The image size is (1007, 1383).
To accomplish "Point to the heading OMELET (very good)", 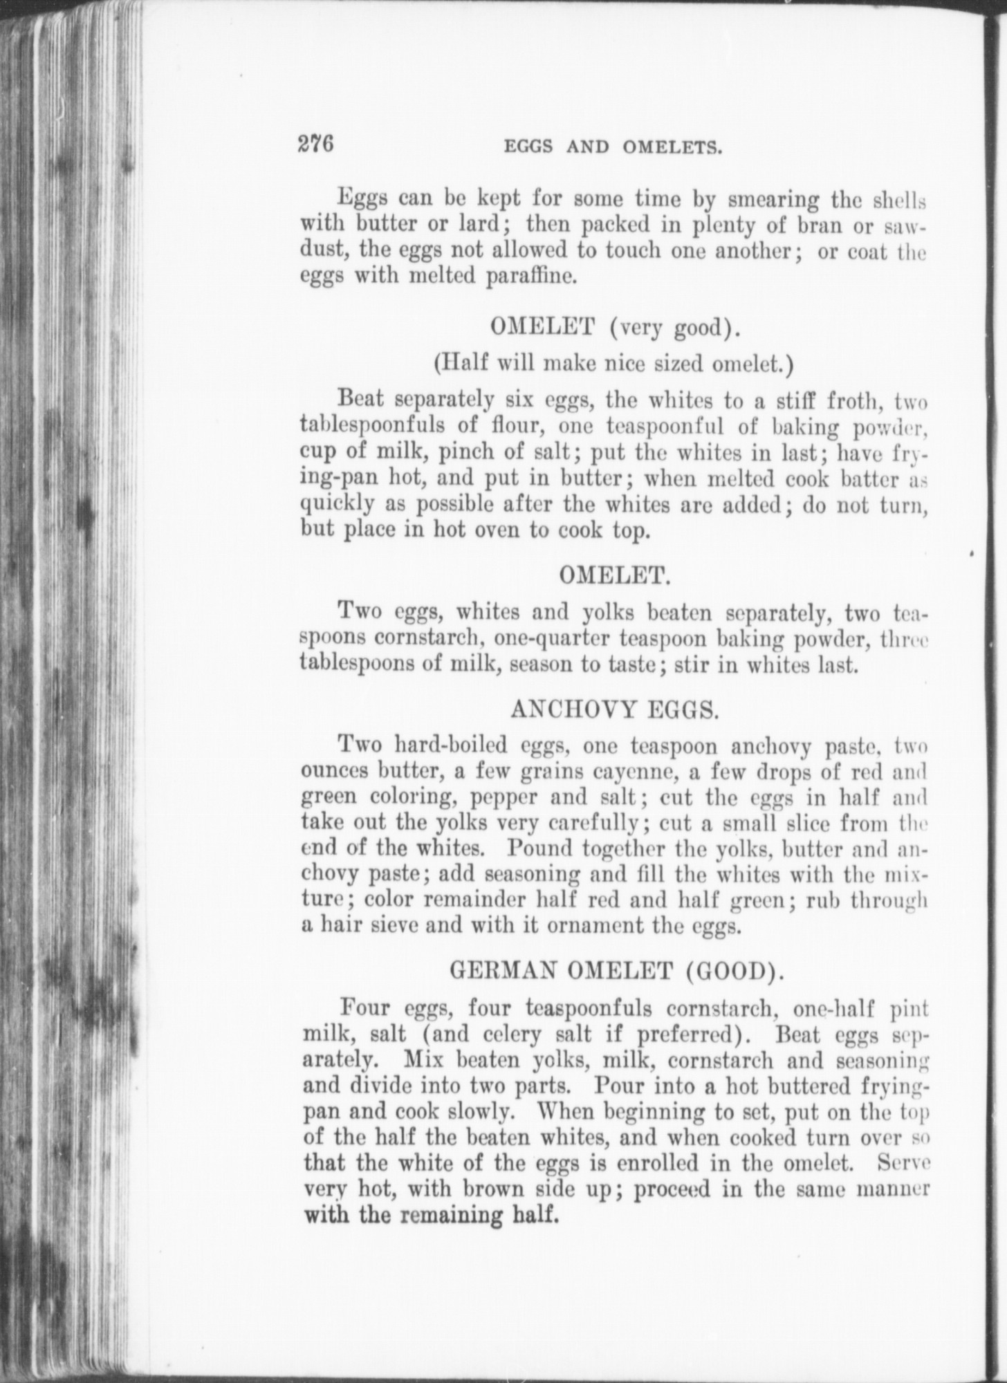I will (x=615, y=327).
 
